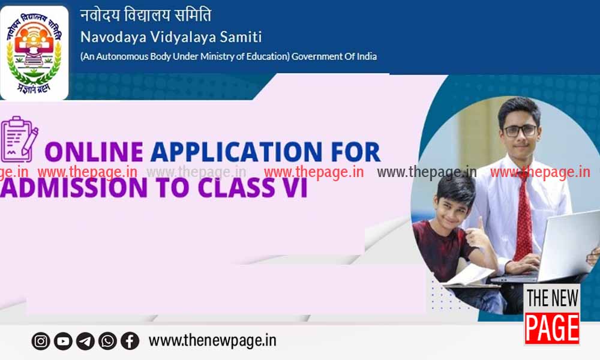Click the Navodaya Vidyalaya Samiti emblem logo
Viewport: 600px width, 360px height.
click(x=34, y=53)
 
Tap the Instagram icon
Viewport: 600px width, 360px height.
click(x=41, y=341)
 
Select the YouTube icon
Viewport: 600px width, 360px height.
click(x=63, y=341)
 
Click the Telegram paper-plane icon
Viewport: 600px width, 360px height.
click(x=85, y=341)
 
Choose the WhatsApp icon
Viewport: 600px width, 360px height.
click(x=107, y=341)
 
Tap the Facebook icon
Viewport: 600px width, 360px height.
click(x=130, y=341)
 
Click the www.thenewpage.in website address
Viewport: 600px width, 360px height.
click(x=212, y=340)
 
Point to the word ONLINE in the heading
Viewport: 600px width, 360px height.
click(x=94, y=152)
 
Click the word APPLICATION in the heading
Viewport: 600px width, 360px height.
click(x=236, y=152)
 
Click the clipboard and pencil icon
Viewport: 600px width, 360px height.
click(x=19, y=139)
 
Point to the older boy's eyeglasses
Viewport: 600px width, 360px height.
click(x=520, y=131)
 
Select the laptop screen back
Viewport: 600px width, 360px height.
click(x=569, y=245)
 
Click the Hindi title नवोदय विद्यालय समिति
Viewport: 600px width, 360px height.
click(x=145, y=15)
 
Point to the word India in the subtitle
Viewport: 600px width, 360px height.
click(x=367, y=56)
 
